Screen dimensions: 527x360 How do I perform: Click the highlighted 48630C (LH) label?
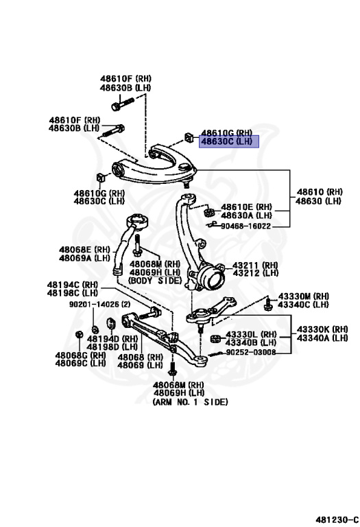tap(226, 142)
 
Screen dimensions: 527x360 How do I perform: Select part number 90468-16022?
tap(245, 225)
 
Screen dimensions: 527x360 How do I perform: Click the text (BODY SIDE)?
tap(154, 281)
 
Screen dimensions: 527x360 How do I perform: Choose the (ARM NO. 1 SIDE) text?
tap(190, 402)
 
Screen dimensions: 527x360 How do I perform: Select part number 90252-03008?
tap(252, 352)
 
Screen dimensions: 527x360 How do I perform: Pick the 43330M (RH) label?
tap(303, 296)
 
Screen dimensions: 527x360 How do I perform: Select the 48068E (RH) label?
tap(84, 249)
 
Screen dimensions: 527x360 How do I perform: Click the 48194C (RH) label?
tap(72, 284)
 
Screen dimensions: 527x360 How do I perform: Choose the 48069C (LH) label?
tap(80, 364)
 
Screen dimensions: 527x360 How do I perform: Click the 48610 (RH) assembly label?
tap(320, 191)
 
